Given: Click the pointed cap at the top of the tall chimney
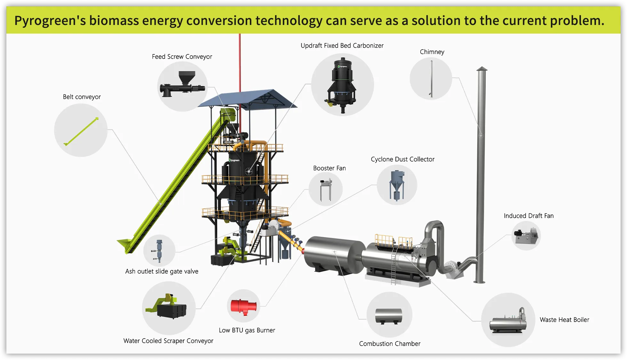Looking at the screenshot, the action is point(482,68).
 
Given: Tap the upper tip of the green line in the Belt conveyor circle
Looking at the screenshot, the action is point(97,118).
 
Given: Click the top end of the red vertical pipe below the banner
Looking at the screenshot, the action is point(240,34).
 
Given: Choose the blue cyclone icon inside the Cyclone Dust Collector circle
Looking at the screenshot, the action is point(397,185).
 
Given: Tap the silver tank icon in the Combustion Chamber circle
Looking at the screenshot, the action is point(389,316).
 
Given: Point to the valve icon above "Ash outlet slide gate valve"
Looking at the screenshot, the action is point(159,251).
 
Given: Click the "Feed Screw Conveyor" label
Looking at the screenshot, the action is point(182,57).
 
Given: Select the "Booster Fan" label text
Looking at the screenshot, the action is point(329,168).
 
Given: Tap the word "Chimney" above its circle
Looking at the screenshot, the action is point(432,52).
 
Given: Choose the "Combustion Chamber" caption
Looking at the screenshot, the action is point(390,344).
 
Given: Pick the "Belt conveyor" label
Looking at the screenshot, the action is point(82,97).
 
